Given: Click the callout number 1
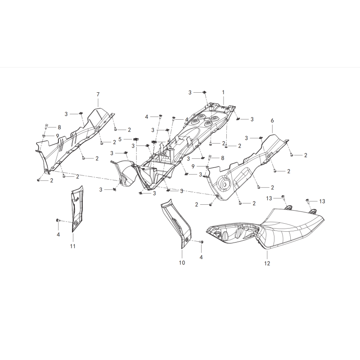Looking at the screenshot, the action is (223, 92).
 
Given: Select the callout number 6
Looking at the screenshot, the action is (273, 120).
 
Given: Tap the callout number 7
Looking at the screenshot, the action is (98, 94).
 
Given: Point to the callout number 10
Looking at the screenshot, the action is (182, 262).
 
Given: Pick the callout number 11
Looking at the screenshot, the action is (73, 246).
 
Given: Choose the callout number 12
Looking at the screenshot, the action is (267, 263).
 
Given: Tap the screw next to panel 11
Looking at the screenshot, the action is (58, 220).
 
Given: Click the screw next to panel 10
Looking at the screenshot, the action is (202, 242).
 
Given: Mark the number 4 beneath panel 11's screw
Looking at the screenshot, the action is (58, 234).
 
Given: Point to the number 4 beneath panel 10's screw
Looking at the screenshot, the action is (201, 257).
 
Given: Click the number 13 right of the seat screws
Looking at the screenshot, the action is (322, 201).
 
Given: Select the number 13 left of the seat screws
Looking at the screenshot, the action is (269, 198).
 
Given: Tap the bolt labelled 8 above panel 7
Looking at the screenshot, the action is (45, 126).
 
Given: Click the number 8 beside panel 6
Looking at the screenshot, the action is (222, 158).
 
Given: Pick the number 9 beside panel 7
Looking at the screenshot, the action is (58, 136).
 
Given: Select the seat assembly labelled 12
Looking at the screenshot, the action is (265, 228).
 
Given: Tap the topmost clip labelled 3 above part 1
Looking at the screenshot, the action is (204, 92).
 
